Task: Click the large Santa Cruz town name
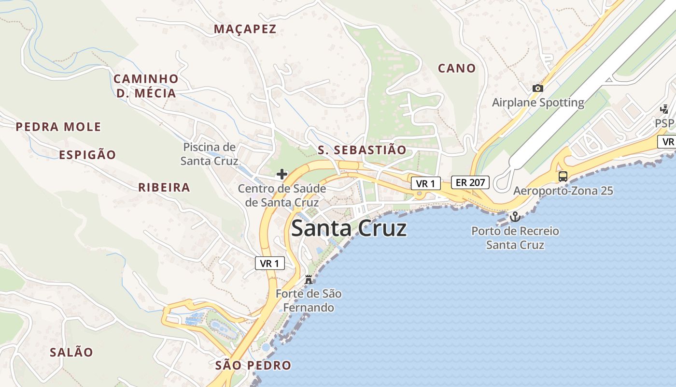349,228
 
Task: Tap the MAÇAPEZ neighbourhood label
245,29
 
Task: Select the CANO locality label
457,68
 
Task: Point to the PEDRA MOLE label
58,127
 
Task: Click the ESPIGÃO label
87,155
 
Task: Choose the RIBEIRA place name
164,188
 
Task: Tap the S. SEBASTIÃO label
362,150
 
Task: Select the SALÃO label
71,352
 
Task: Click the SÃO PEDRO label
254,365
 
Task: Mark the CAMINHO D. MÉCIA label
146,86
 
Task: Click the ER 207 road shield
470,182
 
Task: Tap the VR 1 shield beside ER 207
426,183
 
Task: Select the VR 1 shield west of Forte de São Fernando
269,263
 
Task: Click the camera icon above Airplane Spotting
537,88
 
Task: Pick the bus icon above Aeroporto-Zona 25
563,176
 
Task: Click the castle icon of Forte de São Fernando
309,279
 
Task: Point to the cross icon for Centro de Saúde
282,174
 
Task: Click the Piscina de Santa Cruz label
209,154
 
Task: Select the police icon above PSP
664,109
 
